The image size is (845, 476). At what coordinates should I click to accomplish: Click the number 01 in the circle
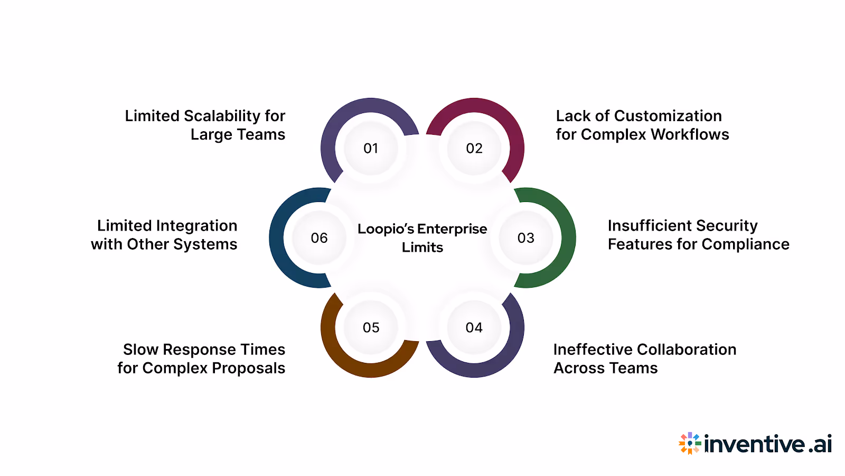click(x=371, y=149)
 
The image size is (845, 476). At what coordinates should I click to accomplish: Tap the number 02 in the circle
click(x=474, y=149)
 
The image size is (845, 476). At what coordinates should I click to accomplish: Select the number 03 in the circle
click(x=526, y=238)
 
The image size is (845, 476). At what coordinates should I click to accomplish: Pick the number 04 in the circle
click(x=474, y=328)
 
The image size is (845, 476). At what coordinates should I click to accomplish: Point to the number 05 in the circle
click(x=371, y=328)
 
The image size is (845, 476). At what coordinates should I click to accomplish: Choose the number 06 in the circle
click(x=319, y=238)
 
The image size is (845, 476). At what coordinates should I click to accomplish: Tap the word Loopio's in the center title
click(x=386, y=229)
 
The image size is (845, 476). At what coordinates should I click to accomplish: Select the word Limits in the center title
click(x=422, y=248)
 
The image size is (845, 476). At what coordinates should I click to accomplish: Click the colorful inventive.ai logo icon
click(x=690, y=443)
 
